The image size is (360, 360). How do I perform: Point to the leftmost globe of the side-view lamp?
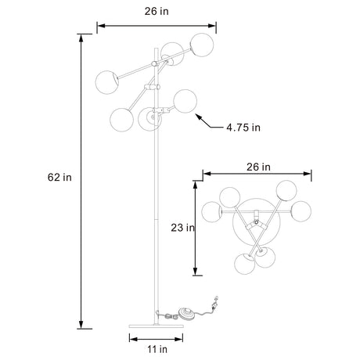(x=106, y=81)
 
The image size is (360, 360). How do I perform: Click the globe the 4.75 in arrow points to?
(x=185, y=101)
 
